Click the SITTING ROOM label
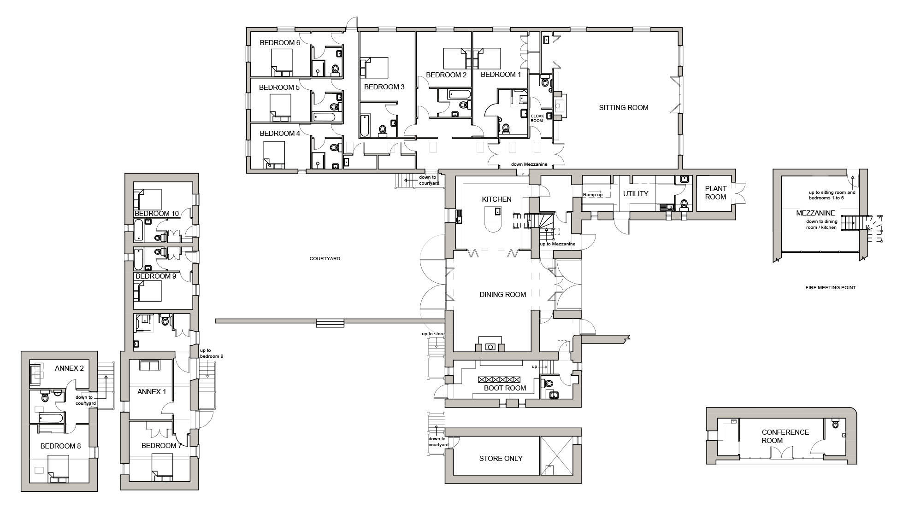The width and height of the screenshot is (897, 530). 624,108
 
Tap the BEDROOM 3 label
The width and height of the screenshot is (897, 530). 384,87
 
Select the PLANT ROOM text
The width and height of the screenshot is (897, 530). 715,193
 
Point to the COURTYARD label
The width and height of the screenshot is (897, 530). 325,259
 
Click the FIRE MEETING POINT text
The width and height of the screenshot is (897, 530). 831,288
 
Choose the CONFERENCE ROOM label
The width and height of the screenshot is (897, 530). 785,437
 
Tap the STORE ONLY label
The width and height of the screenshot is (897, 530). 501,459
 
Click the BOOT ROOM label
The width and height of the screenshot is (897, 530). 505,388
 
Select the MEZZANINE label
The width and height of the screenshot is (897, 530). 815,213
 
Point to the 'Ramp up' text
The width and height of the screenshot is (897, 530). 593,195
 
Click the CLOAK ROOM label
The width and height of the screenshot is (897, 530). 537,118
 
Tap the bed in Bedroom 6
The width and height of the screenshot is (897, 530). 281,63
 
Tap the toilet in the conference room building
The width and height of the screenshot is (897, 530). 836,424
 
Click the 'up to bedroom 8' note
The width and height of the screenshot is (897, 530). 211,354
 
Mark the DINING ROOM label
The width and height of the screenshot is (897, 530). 502,295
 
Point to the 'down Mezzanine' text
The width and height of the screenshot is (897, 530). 529,164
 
